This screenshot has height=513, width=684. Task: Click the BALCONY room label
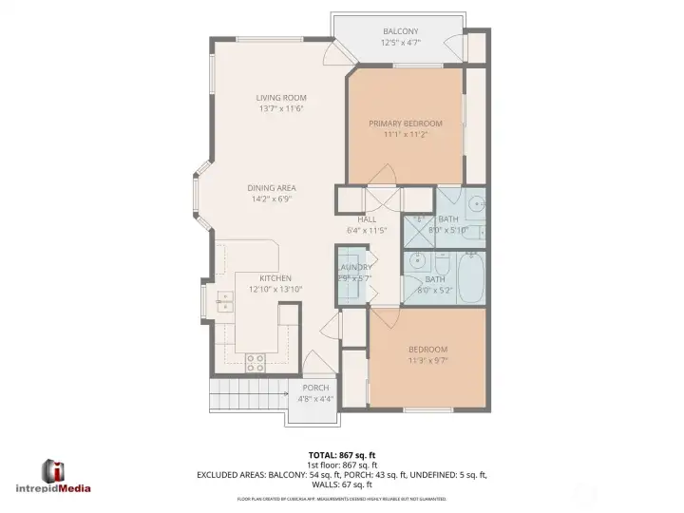[400, 31]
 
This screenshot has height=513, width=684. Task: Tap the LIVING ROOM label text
[279, 98]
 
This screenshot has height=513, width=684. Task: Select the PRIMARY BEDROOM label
[406, 123]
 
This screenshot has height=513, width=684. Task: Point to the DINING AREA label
[272, 188]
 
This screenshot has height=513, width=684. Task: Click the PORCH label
[315, 388]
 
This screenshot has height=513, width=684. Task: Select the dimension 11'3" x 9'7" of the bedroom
[427, 360]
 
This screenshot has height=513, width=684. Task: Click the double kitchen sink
[225, 302]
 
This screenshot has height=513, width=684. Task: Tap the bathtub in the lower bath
[472, 279]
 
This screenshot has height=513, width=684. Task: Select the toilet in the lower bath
[443, 261]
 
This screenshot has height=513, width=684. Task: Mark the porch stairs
[249, 392]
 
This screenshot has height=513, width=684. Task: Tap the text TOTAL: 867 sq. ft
[342, 454]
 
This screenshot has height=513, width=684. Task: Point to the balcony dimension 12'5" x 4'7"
[400, 43]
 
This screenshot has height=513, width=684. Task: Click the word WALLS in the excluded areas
[325, 484]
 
